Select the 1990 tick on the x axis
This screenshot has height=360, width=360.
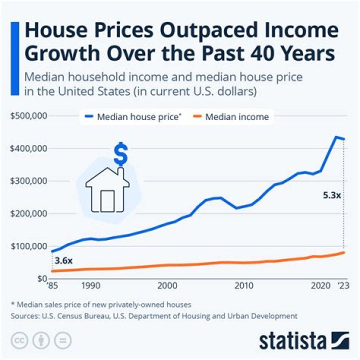point(90,286)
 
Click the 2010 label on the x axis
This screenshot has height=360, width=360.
point(243,286)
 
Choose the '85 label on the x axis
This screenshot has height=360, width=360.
point(52,286)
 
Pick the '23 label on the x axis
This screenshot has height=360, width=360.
point(343,286)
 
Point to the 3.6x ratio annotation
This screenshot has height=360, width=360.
point(63,260)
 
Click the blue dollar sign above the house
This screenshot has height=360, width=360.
point(120,154)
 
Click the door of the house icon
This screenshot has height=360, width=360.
point(107,200)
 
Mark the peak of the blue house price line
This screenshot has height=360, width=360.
point(336,136)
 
